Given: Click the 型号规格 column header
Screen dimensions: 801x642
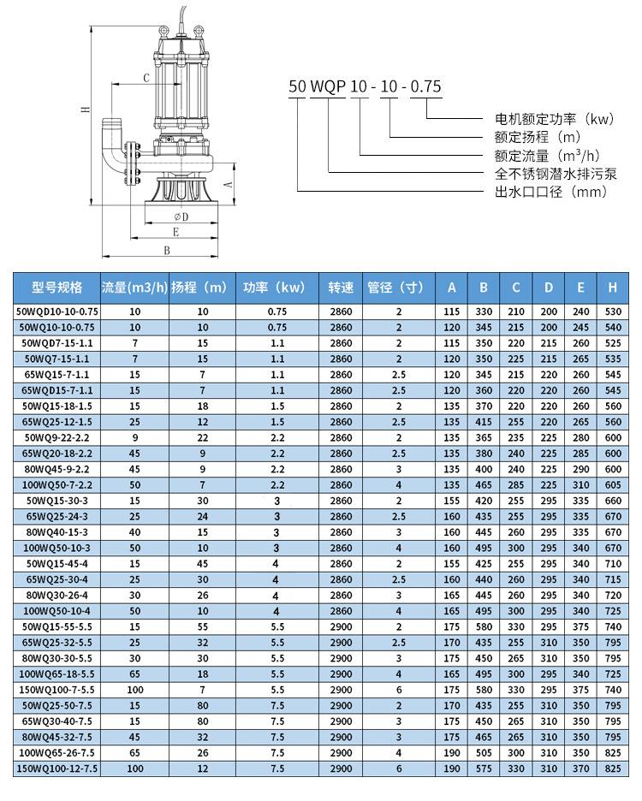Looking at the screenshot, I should (x=57, y=288).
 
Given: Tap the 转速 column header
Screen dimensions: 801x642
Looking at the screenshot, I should (x=341, y=288).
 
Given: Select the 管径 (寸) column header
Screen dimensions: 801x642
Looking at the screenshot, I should (x=398, y=288).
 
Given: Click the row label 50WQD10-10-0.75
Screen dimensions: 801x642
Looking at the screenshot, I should (x=57, y=312).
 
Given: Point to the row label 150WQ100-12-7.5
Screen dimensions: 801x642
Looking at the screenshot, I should (x=57, y=769).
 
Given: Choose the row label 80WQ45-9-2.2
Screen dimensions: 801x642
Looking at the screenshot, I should (x=57, y=469).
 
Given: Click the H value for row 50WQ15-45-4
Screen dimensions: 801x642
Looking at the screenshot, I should (x=612, y=565).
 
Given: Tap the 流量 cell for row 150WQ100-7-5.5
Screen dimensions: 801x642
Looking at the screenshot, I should (x=134, y=690).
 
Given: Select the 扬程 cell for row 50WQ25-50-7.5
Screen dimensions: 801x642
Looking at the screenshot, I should (x=203, y=705).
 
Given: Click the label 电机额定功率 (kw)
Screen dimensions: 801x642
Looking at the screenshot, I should (x=554, y=119).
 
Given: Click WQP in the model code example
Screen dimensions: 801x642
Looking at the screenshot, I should (x=330, y=86).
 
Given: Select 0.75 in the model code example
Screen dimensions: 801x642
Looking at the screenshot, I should (x=425, y=86).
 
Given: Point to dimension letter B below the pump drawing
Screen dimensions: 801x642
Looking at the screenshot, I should (x=167, y=250).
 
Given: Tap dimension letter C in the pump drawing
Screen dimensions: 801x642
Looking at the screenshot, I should (x=146, y=78).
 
